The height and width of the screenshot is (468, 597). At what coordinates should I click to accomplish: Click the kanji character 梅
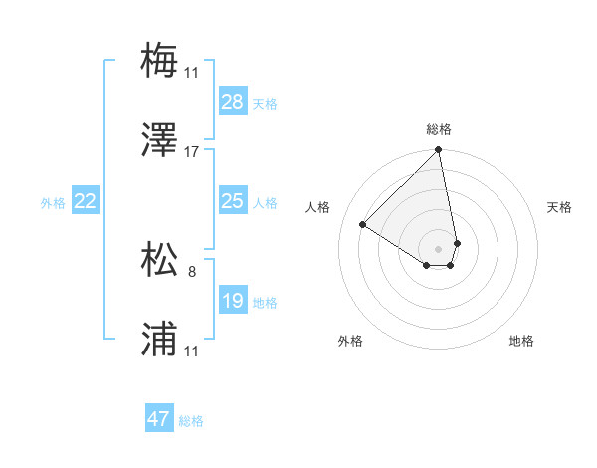click(159, 59)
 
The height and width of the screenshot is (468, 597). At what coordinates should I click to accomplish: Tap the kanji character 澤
click(159, 140)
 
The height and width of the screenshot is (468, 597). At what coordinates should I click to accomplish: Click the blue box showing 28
click(233, 101)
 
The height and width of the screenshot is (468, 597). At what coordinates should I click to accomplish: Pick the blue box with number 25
click(233, 201)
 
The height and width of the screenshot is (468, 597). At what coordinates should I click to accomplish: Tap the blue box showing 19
click(233, 300)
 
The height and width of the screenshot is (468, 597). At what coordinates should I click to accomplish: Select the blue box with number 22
click(86, 201)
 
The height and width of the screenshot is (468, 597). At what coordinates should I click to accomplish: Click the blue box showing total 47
click(159, 419)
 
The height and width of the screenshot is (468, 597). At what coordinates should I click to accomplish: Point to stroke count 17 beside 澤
click(192, 152)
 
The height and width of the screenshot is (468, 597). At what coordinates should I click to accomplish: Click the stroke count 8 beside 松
click(192, 270)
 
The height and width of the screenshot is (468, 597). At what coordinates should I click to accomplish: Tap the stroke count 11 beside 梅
click(192, 72)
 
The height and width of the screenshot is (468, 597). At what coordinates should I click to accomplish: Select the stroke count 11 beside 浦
click(192, 352)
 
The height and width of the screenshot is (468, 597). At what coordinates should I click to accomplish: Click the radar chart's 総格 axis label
click(439, 129)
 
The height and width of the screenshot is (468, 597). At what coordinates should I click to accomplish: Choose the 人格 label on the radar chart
click(318, 207)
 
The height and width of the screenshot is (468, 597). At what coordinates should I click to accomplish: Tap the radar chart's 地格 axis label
click(521, 341)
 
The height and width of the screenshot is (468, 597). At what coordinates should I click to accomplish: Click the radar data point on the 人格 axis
click(363, 224)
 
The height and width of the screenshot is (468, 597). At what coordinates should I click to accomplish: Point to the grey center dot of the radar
click(439, 248)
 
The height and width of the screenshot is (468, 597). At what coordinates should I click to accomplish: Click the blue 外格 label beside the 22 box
click(53, 202)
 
